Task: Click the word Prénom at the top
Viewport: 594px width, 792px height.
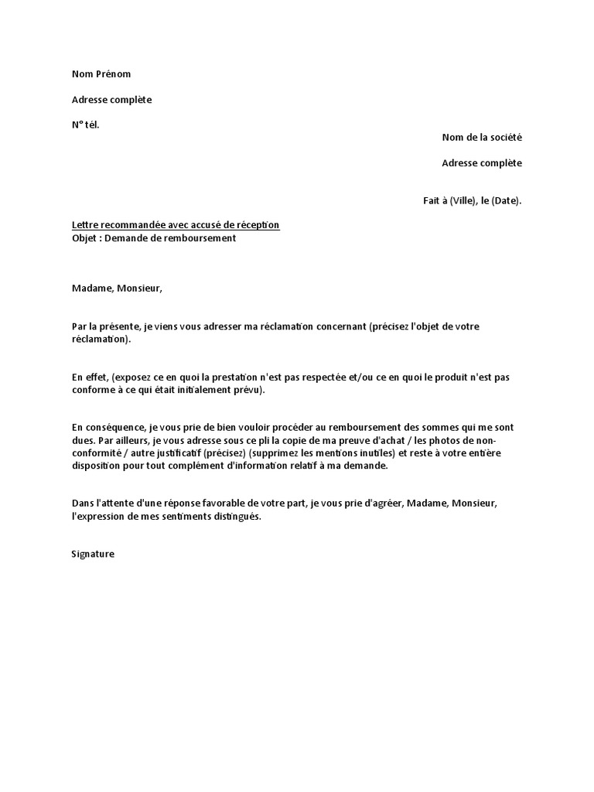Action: [114, 74]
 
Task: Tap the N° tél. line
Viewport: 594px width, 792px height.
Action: [86, 125]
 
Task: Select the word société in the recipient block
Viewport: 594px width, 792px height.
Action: [504, 138]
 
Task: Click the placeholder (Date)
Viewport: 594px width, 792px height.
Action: [507, 201]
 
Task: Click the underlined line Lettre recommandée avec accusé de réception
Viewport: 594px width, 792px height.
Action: [176, 225]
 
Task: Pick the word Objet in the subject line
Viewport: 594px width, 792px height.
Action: [84, 238]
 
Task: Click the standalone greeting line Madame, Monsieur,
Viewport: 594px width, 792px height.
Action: [118, 288]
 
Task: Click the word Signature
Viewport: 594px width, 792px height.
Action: [93, 555]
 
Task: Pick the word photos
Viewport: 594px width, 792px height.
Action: [442, 441]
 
